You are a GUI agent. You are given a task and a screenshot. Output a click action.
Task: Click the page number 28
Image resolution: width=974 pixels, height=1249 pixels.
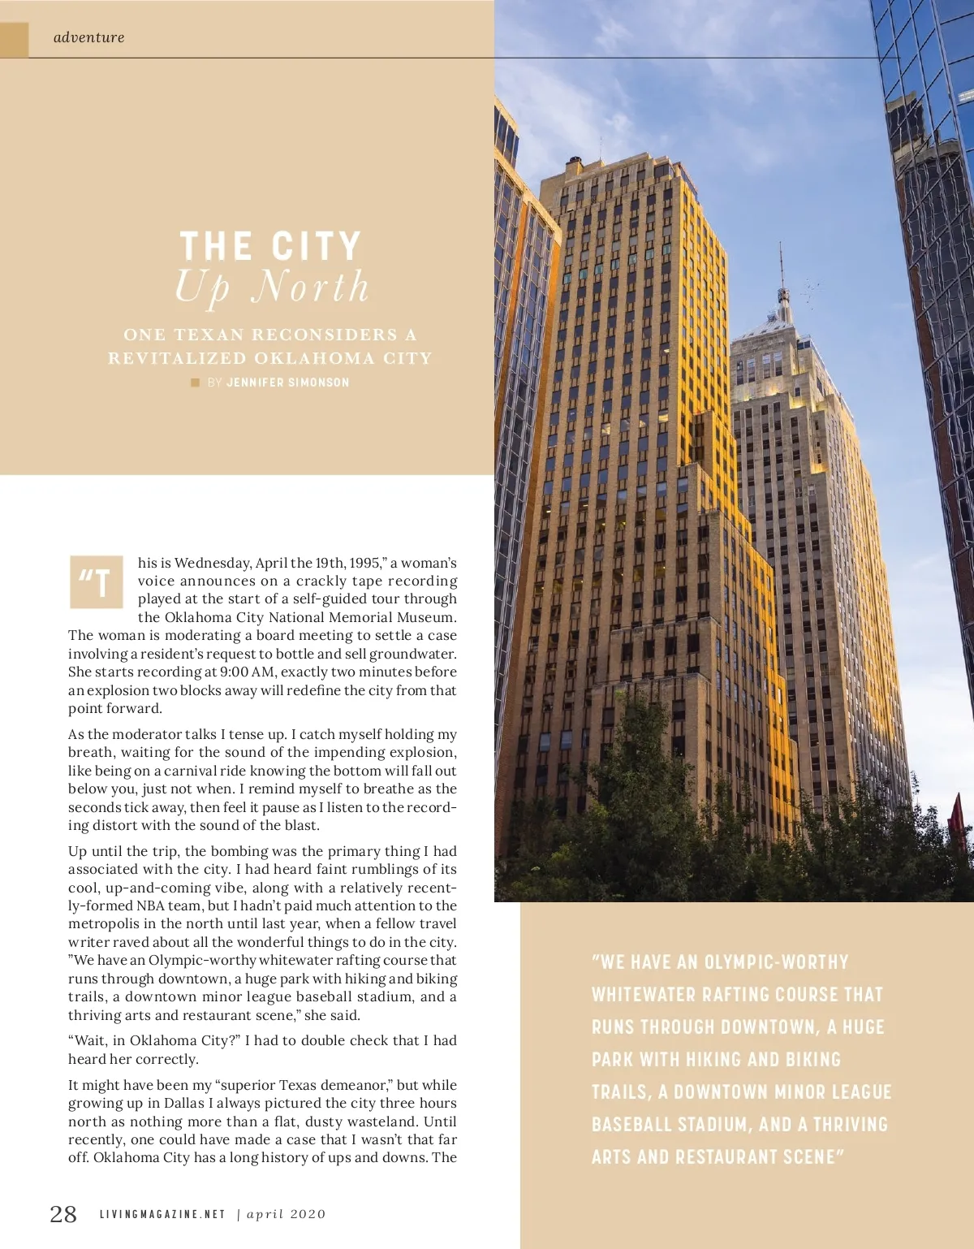(x=63, y=1214)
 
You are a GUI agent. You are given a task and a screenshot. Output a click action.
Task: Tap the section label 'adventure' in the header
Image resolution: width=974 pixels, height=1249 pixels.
(x=89, y=37)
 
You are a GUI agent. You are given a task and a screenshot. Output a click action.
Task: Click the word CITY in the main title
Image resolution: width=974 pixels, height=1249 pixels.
(x=316, y=246)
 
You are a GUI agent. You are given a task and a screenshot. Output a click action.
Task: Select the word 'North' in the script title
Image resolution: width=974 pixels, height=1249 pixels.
(x=310, y=287)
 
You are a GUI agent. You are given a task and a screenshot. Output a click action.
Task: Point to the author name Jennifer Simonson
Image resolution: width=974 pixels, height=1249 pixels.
(x=288, y=382)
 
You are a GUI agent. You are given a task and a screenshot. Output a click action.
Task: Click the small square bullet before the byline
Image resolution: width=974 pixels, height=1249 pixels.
(x=195, y=382)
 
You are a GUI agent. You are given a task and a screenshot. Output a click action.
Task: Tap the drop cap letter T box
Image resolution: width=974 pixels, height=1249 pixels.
(x=96, y=582)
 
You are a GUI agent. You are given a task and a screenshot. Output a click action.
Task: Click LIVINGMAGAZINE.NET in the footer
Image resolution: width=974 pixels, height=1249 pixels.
(x=162, y=1215)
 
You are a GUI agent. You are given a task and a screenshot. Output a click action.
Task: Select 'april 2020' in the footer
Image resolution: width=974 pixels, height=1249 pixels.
(x=286, y=1215)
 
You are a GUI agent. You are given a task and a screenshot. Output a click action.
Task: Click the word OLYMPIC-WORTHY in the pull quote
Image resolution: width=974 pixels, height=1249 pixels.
(x=776, y=962)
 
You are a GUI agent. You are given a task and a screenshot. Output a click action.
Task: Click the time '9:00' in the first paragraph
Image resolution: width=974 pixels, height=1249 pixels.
(x=235, y=672)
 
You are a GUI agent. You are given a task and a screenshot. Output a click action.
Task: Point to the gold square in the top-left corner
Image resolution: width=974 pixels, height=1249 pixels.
(x=14, y=39)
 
